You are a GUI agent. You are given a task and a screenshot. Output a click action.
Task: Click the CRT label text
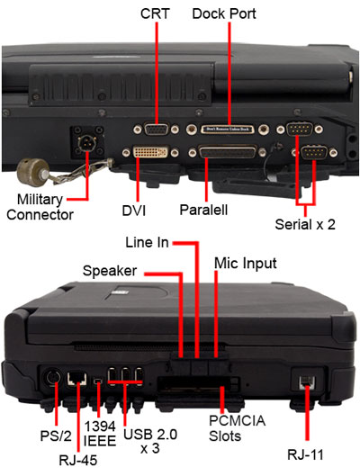pos(155,13)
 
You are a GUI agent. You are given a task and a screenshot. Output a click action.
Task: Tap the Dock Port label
pos(224,13)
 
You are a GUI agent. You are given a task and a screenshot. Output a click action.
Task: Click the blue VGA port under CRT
pos(157,130)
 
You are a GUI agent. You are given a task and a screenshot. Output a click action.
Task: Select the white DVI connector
pos(150,152)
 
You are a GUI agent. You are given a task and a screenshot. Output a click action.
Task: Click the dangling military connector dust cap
pos(32,171)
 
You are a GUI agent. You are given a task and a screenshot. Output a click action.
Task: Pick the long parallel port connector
pos(228,152)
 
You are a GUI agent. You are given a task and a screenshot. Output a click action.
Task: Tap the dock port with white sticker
pos(228,130)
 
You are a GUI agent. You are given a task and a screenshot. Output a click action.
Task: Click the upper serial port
pos(300,129)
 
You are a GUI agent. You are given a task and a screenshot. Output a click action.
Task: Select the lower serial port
pos(314,152)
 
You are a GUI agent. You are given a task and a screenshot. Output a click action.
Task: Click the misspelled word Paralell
pos(203,210)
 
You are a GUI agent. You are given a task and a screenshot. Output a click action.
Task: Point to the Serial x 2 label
pos(305,224)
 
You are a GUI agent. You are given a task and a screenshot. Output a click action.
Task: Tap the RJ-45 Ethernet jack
pos(76,379)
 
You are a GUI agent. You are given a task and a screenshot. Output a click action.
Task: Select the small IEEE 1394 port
pos(98,380)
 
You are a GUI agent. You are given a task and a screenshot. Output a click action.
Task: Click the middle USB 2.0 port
pos(125,376)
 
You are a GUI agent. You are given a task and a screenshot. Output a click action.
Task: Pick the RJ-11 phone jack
pos(307,382)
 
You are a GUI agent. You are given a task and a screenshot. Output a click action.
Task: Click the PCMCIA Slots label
pos(237,428)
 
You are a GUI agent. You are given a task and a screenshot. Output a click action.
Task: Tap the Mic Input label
pos(246,264)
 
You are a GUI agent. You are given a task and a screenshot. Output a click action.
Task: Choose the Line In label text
pos(147,242)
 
